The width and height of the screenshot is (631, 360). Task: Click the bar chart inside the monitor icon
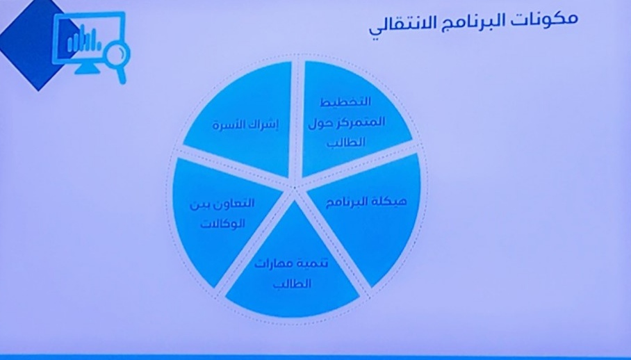[x=82, y=42]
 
